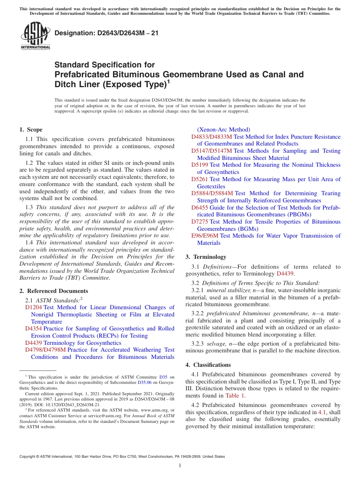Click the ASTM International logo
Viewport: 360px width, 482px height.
tap(35, 36)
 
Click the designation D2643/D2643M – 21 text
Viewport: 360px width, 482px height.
tap(106, 33)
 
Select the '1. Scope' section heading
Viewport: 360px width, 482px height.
tap(31, 130)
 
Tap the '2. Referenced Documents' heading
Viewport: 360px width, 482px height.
tap(53, 291)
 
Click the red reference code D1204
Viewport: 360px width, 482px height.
tap(33, 307)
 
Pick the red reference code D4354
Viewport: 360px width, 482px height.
tap(33, 329)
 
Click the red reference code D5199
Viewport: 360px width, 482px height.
tap(199, 165)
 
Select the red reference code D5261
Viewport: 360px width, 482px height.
tap(199, 179)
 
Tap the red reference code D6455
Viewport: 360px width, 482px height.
tap(199, 208)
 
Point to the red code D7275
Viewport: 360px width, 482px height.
tap(199, 222)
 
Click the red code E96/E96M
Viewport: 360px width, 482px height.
tap(205, 236)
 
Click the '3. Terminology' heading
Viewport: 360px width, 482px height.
tap(206, 257)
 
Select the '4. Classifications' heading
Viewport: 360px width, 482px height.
tap(208, 365)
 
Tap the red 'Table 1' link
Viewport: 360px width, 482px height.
tap(235, 396)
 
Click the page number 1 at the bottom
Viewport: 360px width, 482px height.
tap(180, 465)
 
